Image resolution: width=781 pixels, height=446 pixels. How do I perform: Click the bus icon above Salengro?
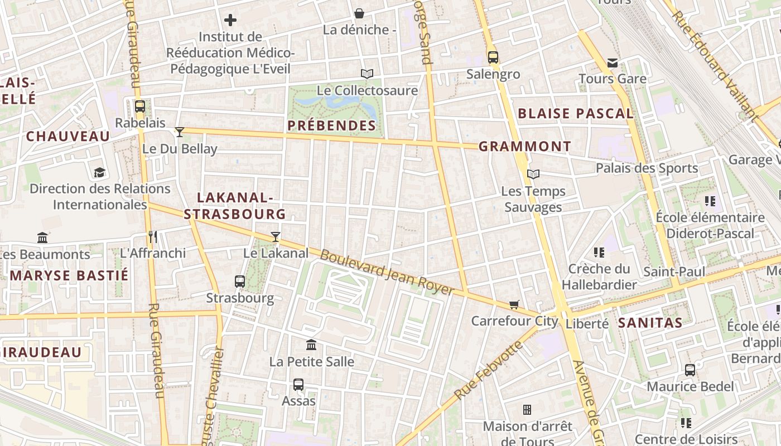coord(493,57)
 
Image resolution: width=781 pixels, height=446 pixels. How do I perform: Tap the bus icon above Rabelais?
coord(140,106)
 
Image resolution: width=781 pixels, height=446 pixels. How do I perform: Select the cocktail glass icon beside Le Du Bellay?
coord(180,132)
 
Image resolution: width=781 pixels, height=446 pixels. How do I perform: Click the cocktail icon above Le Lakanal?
coord(276,236)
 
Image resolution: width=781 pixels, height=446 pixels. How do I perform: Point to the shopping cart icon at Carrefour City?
coord(514,304)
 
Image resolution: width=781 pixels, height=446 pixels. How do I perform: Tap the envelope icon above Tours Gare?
coord(613,62)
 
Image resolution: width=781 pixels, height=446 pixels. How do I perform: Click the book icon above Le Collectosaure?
coord(367,74)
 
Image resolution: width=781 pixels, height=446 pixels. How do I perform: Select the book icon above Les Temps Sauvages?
coord(533,174)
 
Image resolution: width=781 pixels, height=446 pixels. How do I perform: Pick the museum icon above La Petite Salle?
coord(311,345)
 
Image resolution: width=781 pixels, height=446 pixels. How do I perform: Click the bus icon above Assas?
coord(298,384)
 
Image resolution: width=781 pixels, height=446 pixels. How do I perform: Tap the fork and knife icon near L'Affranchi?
coord(153,236)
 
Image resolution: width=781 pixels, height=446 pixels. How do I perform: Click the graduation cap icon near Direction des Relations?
coord(100,172)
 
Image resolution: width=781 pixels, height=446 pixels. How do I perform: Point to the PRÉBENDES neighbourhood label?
coord(332,125)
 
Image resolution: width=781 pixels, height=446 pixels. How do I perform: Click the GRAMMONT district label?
coord(525,147)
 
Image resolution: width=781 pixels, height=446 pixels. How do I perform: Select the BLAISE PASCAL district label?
coord(576,114)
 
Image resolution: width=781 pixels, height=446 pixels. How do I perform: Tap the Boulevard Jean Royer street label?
coord(387,273)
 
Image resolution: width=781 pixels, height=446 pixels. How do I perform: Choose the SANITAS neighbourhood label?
coord(650,323)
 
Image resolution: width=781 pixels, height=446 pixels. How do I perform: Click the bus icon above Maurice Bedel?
coord(690,370)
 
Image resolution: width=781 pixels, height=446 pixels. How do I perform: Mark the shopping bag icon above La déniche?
coord(359,13)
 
